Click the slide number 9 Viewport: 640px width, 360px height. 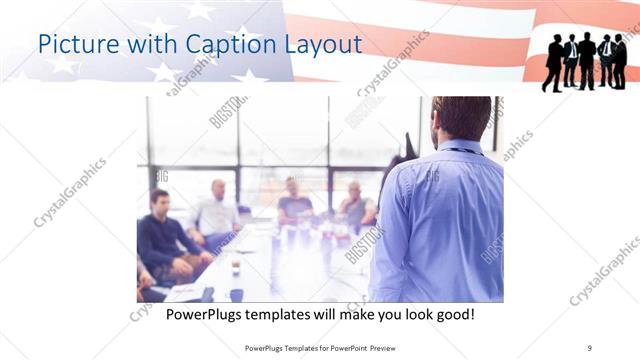point(590,347)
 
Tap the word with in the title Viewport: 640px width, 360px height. point(151,45)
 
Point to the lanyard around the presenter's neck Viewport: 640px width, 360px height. point(463,151)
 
